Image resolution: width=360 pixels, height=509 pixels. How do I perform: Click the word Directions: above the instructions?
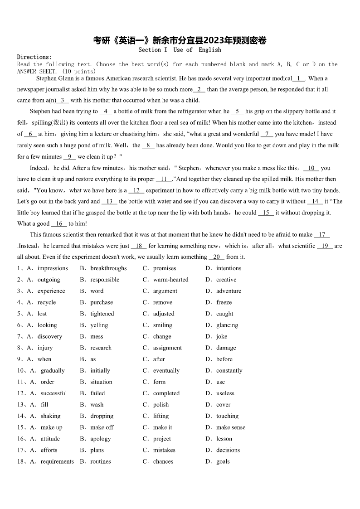tap(34, 57)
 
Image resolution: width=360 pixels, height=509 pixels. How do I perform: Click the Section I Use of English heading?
tap(180, 50)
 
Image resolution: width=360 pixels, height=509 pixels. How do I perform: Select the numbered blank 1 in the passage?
tap(299, 78)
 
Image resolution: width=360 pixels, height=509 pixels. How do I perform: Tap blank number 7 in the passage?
tap(267, 134)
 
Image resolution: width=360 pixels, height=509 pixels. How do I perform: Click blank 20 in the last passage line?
tap(216, 257)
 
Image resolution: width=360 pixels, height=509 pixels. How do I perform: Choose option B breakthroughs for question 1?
tap(108, 268)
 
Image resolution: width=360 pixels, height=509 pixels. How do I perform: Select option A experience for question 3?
tap(51, 291)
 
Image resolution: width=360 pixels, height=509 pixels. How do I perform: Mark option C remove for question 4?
tap(162, 302)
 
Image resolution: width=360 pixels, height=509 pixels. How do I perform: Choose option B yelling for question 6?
tap(99, 325)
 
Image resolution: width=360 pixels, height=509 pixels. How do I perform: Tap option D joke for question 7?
tap(221, 336)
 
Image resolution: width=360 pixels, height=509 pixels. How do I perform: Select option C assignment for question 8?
tap(167, 348)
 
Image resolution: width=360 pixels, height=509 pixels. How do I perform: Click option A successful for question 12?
tap(54, 393)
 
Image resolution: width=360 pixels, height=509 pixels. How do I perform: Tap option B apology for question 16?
tap(100, 439)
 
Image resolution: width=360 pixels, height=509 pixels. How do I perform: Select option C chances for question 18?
tap(163, 461)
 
